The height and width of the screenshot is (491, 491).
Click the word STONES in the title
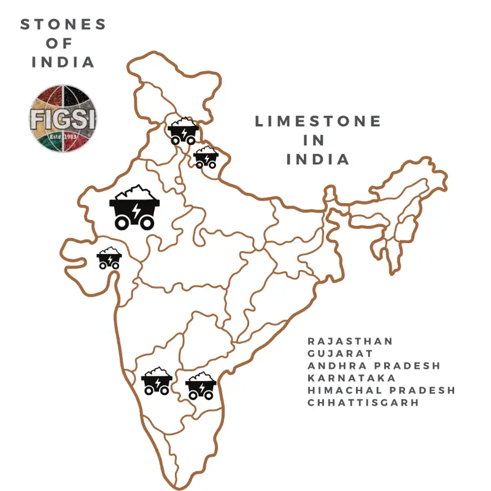(x=63, y=25)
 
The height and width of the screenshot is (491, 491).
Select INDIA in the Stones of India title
(x=63, y=62)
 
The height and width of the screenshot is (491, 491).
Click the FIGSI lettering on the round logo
(x=63, y=117)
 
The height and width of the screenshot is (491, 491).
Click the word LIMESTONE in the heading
(x=318, y=122)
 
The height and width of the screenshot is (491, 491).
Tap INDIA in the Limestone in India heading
(x=318, y=159)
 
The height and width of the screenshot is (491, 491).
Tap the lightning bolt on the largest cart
(x=136, y=212)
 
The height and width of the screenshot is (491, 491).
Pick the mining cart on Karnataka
(x=157, y=381)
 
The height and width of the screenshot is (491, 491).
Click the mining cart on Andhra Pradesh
(x=201, y=385)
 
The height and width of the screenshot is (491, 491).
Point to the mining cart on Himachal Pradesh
(x=183, y=130)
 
